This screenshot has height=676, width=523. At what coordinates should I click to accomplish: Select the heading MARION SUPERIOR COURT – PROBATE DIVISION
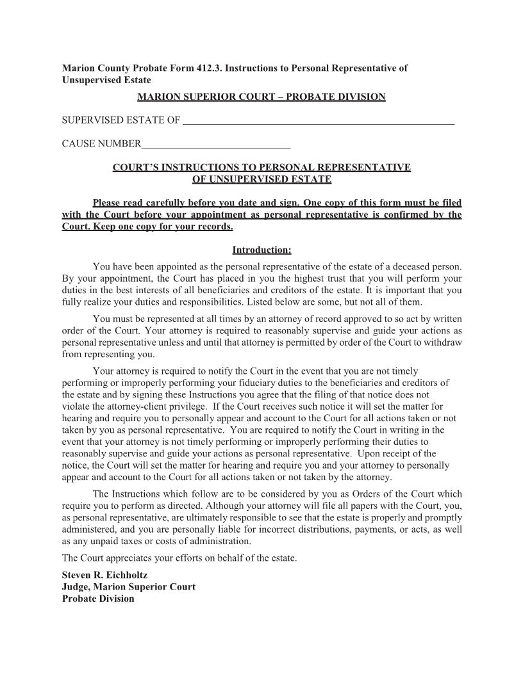[261, 97]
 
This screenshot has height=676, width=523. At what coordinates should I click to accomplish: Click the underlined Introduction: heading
[261, 249]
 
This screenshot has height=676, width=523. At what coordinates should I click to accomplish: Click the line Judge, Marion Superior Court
[128, 587]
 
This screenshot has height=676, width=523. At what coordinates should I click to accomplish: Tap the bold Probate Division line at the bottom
[98, 599]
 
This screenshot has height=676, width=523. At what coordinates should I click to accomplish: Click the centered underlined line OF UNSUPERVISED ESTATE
[261, 179]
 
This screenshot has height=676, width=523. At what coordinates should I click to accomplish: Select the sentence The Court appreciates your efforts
[179, 558]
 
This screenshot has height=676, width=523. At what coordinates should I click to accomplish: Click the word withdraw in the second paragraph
[444, 342]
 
